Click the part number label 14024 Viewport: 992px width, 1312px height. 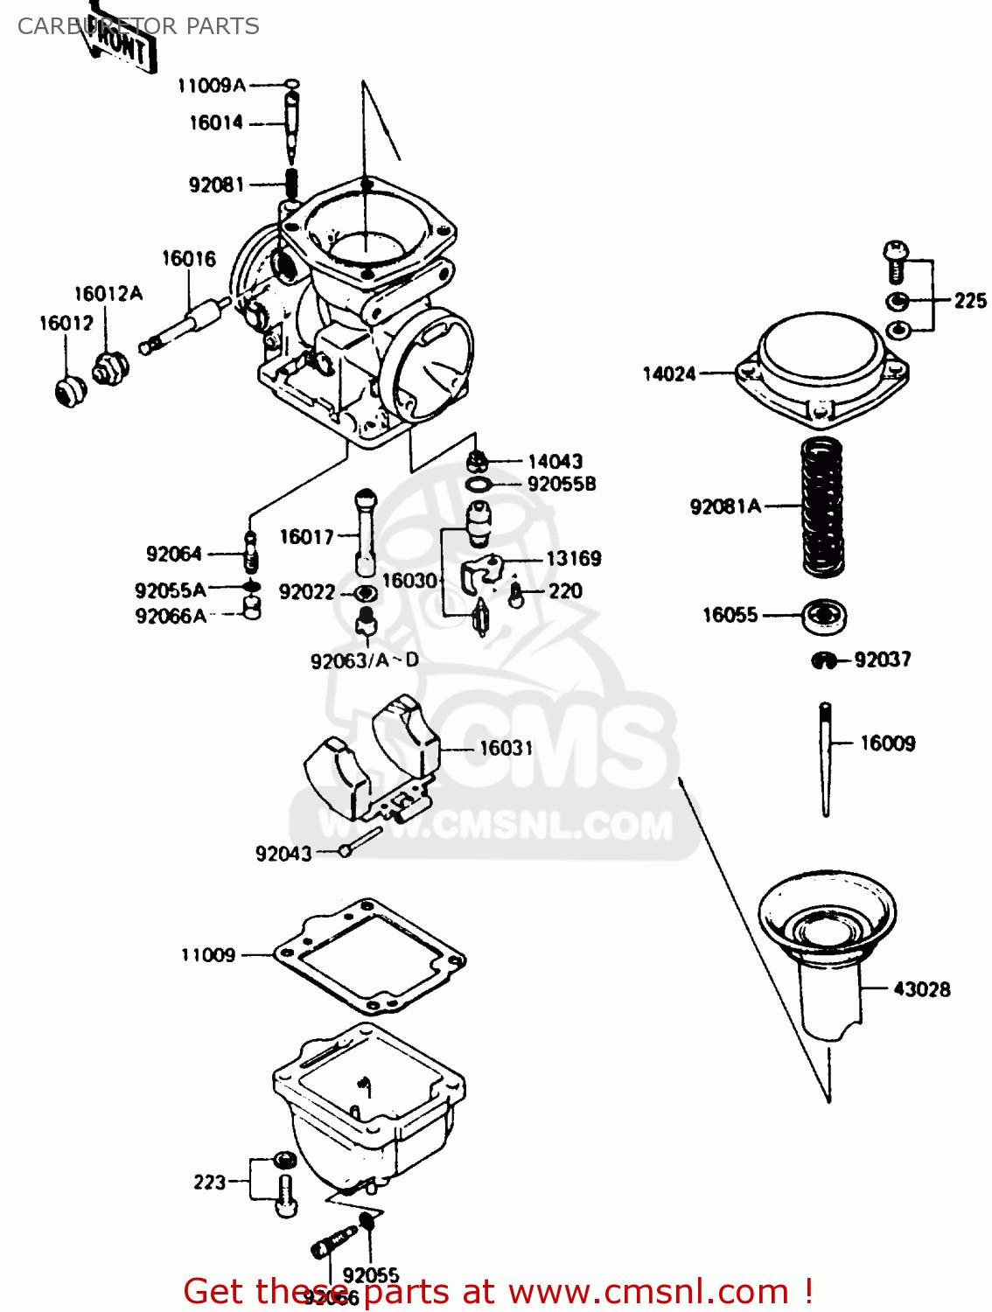(x=669, y=374)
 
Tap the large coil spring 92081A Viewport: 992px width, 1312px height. (x=822, y=507)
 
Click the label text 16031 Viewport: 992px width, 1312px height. (x=506, y=749)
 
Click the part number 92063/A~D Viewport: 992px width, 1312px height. (x=365, y=661)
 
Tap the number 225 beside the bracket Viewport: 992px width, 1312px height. (x=969, y=301)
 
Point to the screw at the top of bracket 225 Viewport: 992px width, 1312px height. (x=895, y=261)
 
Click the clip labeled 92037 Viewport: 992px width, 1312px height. (x=824, y=661)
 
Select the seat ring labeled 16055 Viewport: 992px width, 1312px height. (x=824, y=617)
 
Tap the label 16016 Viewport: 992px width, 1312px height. (x=188, y=259)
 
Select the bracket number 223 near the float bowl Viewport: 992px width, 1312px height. (x=209, y=1183)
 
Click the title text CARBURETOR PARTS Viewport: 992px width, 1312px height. (x=138, y=26)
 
